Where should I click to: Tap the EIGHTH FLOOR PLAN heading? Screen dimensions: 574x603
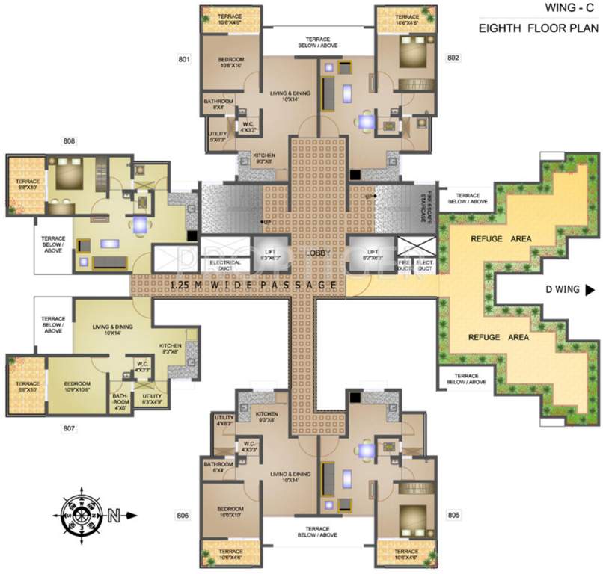coord(539,30)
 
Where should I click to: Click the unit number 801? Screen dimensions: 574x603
coord(185,58)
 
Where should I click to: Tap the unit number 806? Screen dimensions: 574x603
coord(185,515)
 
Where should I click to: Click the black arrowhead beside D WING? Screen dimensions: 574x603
coord(590,290)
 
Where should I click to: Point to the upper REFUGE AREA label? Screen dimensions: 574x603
coord(490,239)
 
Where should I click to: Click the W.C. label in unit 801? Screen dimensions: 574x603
coord(248,126)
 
